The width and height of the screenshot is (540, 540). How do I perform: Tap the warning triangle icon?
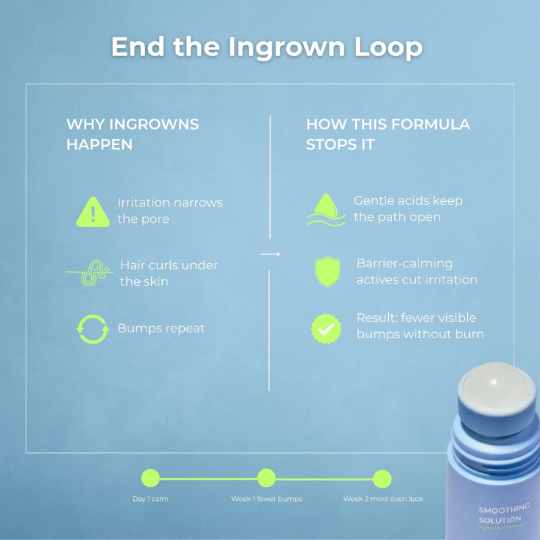click(x=94, y=211)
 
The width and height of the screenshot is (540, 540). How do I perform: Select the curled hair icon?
click(x=89, y=272)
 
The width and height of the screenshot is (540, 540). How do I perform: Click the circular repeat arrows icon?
click(x=92, y=329)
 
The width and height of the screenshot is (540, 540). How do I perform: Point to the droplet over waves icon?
click(x=325, y=209)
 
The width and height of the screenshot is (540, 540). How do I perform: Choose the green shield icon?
click(x=327, y=271)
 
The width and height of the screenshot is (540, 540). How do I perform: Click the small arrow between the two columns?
click(x=270, y=254)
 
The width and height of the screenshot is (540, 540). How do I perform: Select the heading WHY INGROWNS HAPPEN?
click(x=132, y=134)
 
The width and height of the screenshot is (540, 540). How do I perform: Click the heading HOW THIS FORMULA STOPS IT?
click(x=388, y=134)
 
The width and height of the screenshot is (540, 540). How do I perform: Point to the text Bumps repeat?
click(x=161, y=329)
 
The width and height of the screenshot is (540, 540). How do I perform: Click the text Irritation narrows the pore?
click(x=169, y=211)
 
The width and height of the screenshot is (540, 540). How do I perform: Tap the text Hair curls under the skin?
click(x=169, y=273)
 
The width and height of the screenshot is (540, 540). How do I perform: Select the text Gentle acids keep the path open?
click(x=408, y=209)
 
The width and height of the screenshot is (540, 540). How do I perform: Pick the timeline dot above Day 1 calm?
click(x=151, y=479)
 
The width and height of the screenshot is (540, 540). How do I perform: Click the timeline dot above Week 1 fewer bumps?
click(x=267, y=479)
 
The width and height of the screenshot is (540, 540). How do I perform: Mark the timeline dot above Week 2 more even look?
click(x=382, y=479)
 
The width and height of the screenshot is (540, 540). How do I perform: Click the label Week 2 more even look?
click(x=383, y=499)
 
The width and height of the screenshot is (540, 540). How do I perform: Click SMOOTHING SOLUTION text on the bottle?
click(x=503, y=514)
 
